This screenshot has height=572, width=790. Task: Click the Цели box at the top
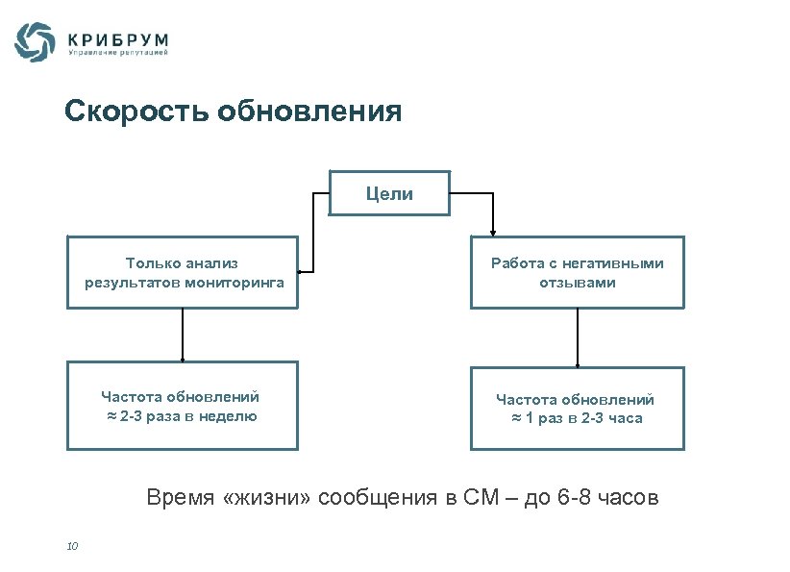point(389,194)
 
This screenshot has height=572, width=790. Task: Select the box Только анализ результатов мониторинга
point(182,272)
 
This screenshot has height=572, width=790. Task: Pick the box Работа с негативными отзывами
point(577,272)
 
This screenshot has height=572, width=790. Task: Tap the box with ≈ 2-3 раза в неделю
point(182,406)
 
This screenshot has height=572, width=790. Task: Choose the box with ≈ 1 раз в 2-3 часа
point(577,408)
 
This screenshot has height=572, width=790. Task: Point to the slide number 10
point(72,546)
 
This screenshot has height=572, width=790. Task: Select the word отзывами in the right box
point(577,283)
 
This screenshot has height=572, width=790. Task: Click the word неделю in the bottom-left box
point(227,416)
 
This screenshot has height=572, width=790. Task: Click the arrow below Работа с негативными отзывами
point(577,336)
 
